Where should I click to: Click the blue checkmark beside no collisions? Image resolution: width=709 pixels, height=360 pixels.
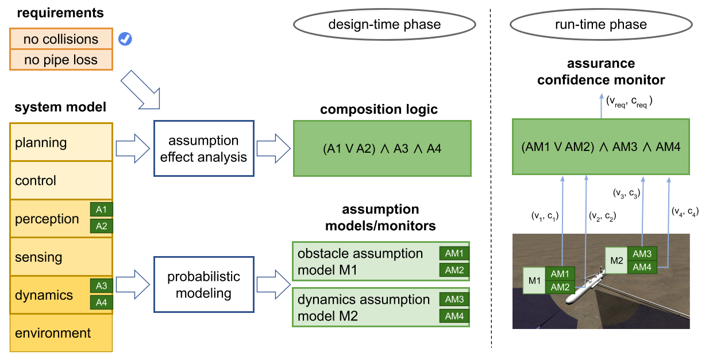[x=125, y=39]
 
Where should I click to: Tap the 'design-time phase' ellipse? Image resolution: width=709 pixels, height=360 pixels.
[x=384, y=25]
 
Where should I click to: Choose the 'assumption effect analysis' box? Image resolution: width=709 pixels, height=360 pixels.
[x=204, y=148]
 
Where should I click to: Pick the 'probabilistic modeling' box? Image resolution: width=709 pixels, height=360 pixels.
[x=204, y=285]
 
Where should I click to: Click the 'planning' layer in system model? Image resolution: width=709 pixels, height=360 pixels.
[x=61, y=142]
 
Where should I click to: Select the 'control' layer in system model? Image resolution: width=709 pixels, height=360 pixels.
[x=61, y=180]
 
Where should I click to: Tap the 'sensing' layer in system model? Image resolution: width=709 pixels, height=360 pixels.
[x=61, y=257]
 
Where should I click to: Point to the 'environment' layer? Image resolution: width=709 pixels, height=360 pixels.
[x=61, y=333]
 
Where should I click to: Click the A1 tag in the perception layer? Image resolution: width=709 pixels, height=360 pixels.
[x=102, y=210]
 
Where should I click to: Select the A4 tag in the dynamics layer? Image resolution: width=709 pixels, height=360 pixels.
[x=102, y=302]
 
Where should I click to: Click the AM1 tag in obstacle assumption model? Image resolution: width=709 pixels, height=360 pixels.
[x=454, y=253]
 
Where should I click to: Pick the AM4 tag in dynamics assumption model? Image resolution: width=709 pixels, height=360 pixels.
[x=454, y=316]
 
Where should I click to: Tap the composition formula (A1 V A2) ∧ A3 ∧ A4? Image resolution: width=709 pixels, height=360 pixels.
[x=382, y=148]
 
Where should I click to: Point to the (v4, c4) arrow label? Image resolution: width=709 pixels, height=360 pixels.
[x=685, y=211]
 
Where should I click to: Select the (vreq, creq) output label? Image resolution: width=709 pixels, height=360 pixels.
[x=629, y=102]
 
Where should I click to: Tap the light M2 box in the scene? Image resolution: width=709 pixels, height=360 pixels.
[x=617, y=261]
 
